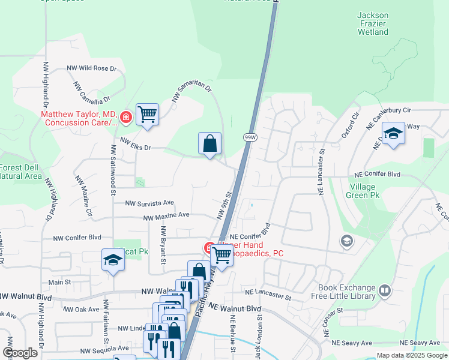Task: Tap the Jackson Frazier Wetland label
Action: point(373,23)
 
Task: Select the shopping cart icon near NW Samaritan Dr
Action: point(147,113)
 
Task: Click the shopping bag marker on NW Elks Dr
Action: point(209,144)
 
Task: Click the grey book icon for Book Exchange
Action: point(385,292)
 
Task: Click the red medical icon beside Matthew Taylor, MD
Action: point(126,117)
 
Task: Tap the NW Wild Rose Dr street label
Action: point(91,68)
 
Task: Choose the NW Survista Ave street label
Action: point(149,203)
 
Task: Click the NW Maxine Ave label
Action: point(166,215)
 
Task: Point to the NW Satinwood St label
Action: point(112,170)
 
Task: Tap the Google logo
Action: point(20,353)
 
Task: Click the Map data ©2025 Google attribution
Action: point(412,355)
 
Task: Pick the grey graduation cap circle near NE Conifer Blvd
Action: point(346,241)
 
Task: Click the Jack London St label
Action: point(259,339)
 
